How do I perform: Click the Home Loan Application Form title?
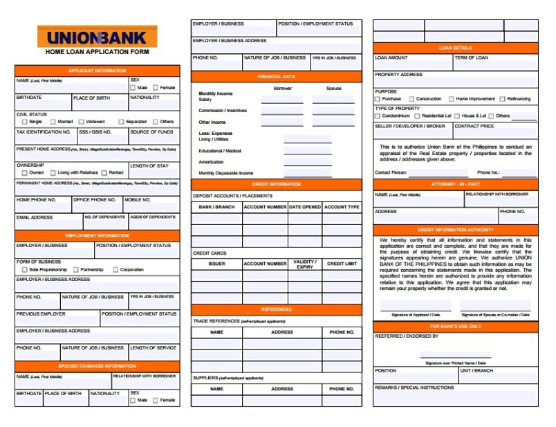pyautogui.click(x=97, y=52)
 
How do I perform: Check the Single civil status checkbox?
pyautogui.click(x=25, y=122)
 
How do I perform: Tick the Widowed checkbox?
pyautogui.click(x=82, y=122)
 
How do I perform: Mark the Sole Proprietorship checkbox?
pyautogui.click(x=25, y=270)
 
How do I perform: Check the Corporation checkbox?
pyautogui.click(x=115, y=270)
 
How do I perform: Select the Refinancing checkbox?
pyautogui.click(x=502, y=99)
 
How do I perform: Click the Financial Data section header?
pyautogui.click(x=276, y=76)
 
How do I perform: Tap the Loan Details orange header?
pyautogui.click(x=455, y=48)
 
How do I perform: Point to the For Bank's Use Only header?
pyautogui.click(x=455, y=326)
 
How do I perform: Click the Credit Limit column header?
pyautogui.click(x=342, y=264)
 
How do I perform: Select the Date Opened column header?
pyautogui.click(x=304, y=207)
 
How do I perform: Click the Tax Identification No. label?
pyautogui.click(x=44, y=131)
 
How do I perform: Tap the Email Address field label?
pyautogui.click(x=35, y=217)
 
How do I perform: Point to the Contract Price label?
pyautogui.click(x=474, y=127)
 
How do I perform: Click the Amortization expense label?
pyautogui.click(x=212, y=161)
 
